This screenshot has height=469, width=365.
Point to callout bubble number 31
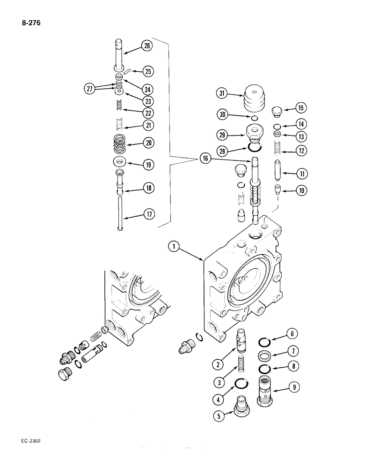click(222, 94)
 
